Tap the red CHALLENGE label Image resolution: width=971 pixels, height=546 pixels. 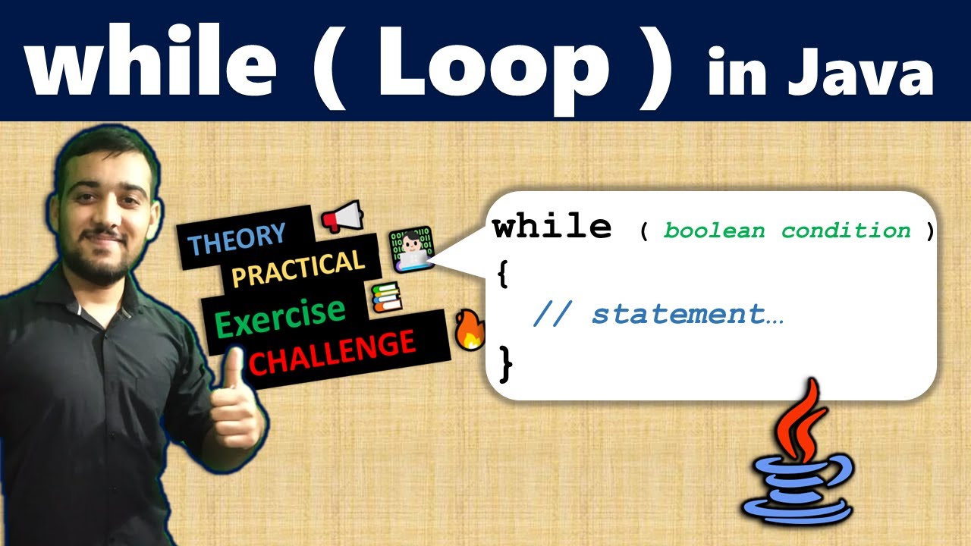(x=332, y=351)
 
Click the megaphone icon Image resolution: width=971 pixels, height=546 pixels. (x=342, y=218)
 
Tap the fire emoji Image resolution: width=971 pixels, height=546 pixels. (x=470, y=331)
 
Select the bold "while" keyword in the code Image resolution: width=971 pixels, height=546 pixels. (x=552, y=226)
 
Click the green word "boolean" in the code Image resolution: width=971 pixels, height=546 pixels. (x=714, y=231)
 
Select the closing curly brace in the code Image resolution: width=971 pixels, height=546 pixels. (x=506, y=362)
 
